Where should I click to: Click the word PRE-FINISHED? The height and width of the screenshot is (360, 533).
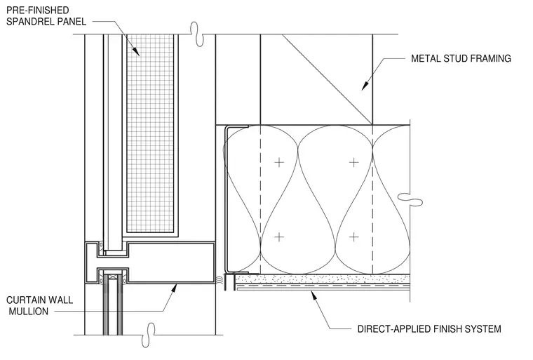coord(37,11)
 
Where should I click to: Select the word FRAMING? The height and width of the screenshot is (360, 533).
coord(491,58)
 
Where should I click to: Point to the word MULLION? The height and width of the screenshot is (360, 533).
coord(29,312)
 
